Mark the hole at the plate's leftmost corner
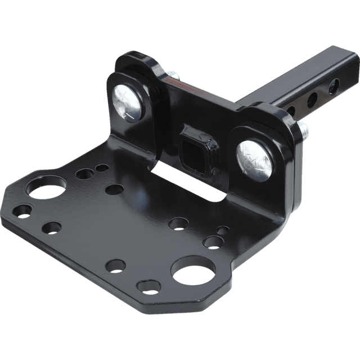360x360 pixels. [x=22, y=212]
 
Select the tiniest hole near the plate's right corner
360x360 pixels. [x=223, y=230]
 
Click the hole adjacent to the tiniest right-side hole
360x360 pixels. [x=212, y=242]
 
